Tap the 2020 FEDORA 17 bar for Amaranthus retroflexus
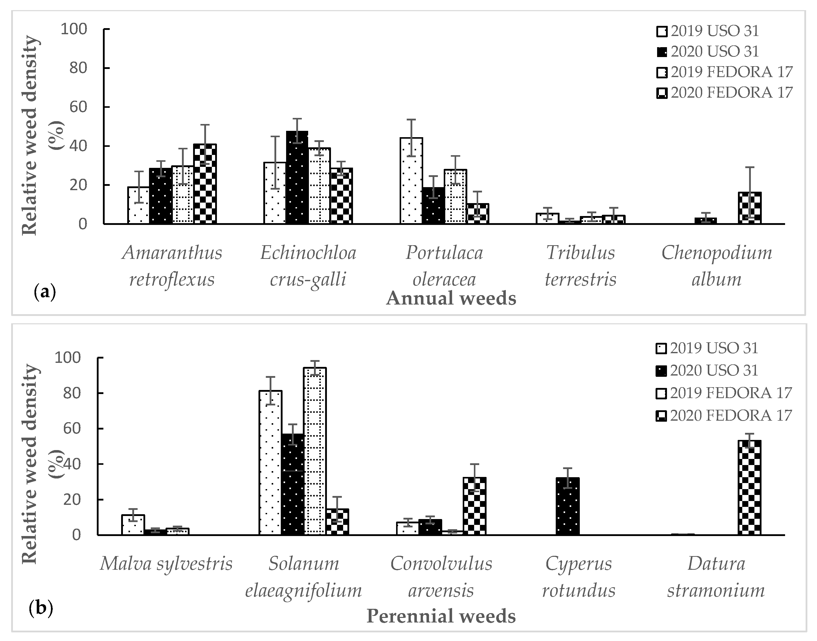pos(205,184)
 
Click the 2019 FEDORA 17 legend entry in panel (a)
pos(724,72)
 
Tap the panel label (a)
pos(44,292)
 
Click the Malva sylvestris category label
pos(166,564)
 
